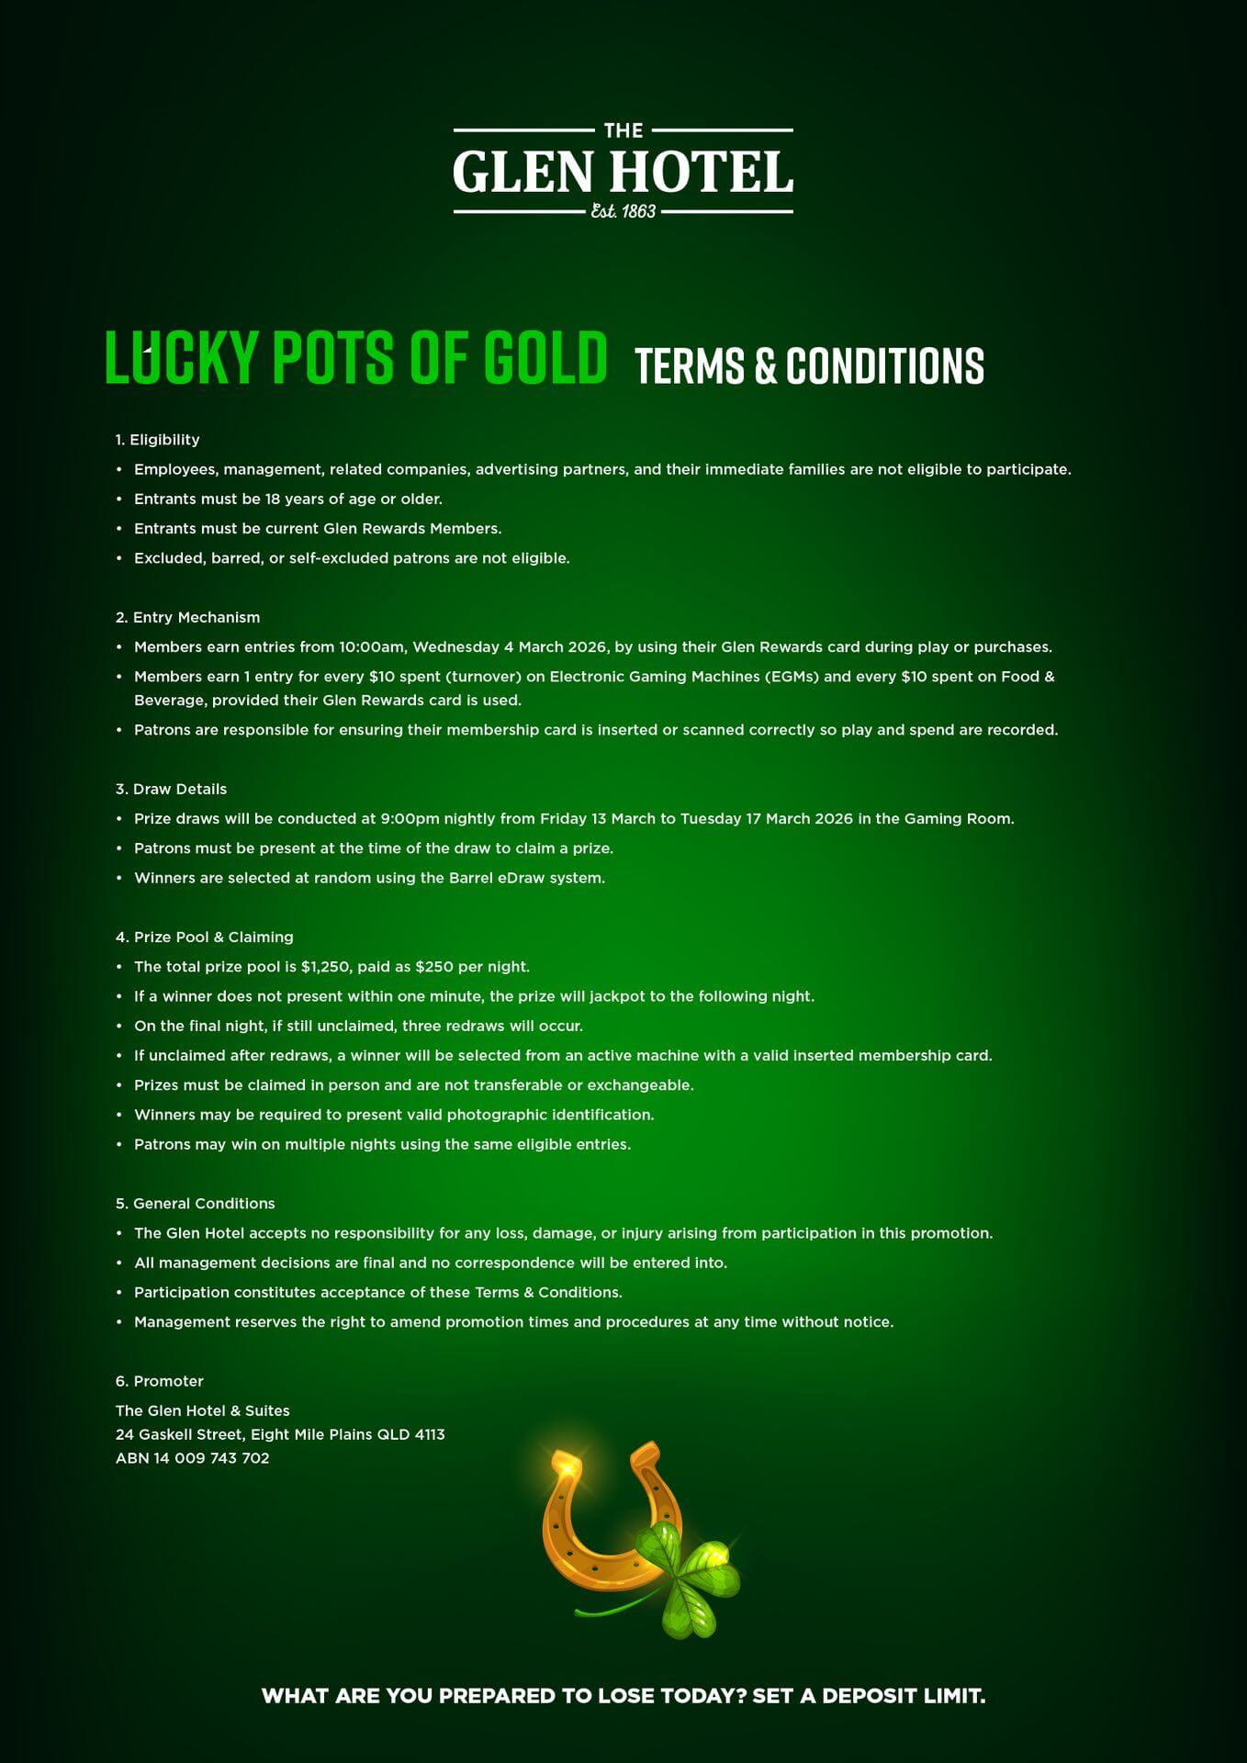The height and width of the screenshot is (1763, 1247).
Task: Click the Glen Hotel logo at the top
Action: tap(623, 172)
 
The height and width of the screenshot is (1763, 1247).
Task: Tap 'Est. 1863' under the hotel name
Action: tap(623, 211)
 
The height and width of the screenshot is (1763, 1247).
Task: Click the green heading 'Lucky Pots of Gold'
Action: tap(356, 357)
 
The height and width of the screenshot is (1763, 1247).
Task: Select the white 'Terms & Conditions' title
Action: tap(809, 365)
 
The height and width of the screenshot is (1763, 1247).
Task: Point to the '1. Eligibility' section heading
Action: tap(158, 440)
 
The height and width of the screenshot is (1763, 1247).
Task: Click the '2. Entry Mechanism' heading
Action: tap(188, 617)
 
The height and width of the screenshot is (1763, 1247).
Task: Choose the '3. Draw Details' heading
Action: tap(172, 789)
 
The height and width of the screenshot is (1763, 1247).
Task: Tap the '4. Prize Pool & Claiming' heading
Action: tap(205, 937)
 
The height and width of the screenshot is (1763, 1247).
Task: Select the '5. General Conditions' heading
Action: tap(196, 1203)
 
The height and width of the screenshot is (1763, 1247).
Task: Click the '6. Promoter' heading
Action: tap(160, 1381)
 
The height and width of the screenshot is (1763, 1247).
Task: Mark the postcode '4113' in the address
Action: tap(429, 1434)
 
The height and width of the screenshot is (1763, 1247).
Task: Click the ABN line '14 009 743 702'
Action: tap(211, 1458)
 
